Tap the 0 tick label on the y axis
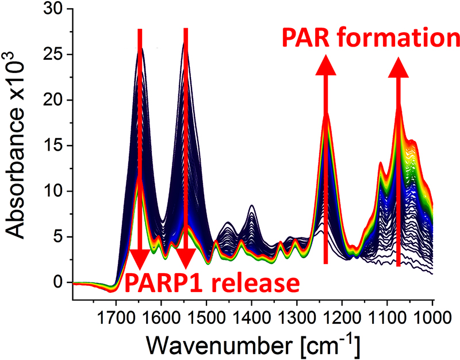pos(58,282)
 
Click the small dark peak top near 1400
pos(252,205)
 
